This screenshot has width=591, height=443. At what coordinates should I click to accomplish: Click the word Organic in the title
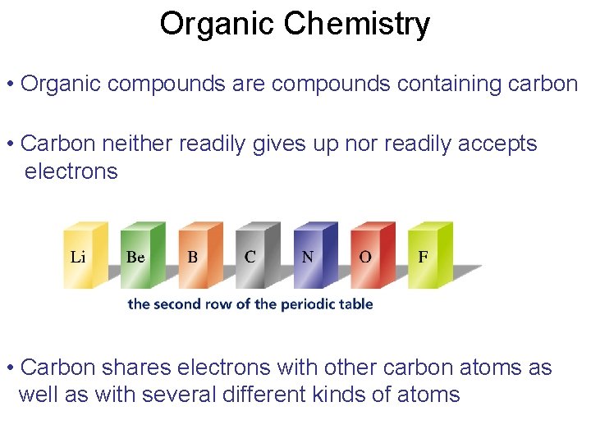216,25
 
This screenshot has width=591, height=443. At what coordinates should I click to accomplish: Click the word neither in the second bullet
131,144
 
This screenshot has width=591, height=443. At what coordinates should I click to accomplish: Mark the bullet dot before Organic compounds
9,84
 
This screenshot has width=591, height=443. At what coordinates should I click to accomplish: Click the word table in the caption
358,304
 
